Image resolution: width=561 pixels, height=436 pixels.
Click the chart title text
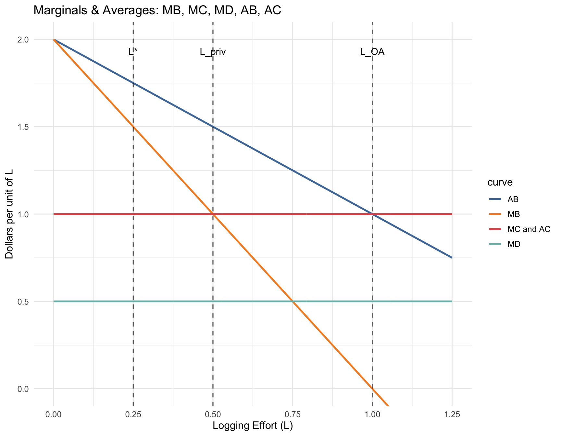(x=157, y=11)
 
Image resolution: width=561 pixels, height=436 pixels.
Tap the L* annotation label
(x=133, y=52)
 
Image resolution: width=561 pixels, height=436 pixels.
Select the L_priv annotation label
(x=213, y=52)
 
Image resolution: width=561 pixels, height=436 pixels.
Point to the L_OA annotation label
(x=372, y=52)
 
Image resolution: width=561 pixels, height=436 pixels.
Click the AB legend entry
(x=513, y=199)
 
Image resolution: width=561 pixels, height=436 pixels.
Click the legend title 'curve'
(x=500, y=182)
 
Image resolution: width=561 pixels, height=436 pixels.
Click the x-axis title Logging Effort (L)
(x=253, y=426)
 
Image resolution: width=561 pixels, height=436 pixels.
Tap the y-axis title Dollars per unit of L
(x=10, y=214)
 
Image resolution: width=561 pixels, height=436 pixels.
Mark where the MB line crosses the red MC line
(x=213, y=214)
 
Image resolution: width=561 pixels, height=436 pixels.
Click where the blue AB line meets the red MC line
(x=372, y=214)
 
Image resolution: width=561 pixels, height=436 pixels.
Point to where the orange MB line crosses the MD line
(x=293, y=302)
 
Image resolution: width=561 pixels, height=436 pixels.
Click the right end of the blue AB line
(x=451, y=258)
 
